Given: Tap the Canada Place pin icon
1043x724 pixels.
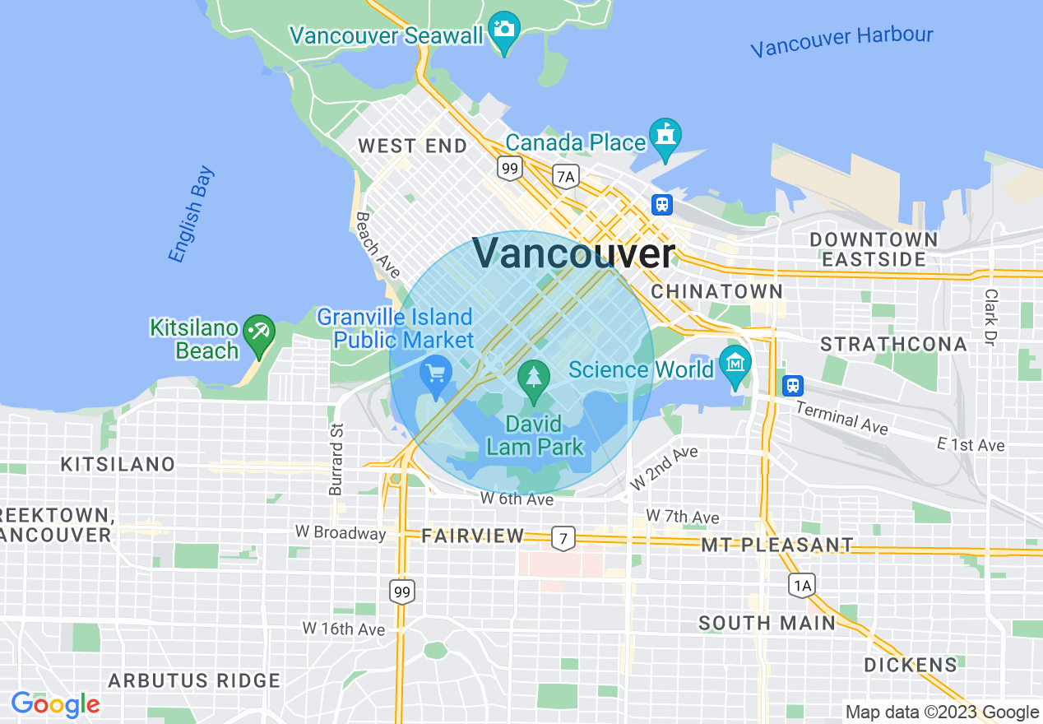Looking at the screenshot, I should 664,135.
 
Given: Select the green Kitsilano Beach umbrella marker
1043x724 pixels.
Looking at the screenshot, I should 260,334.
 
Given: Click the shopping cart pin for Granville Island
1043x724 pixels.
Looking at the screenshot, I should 435,375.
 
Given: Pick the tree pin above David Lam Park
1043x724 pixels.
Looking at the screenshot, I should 535,378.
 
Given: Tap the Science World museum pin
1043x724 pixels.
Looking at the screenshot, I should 734,362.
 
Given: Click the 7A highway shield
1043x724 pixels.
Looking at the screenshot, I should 565,176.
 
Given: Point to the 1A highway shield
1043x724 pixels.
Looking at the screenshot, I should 802,585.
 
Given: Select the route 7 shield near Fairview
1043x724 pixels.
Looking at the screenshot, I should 563,538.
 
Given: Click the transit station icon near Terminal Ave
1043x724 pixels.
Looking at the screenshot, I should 792,385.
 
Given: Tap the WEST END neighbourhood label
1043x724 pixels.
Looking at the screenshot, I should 412,146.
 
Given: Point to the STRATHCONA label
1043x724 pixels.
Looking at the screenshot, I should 893,344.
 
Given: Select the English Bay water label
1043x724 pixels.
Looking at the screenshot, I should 191,215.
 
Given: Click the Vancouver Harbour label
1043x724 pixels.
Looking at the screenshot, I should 841,40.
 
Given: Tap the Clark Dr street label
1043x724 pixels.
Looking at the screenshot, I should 991,318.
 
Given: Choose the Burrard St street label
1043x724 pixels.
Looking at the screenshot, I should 336,459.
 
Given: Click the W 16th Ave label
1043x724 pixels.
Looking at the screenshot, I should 344,629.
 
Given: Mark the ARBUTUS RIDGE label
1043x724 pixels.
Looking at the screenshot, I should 194,680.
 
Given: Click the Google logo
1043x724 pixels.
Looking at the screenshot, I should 55,704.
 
